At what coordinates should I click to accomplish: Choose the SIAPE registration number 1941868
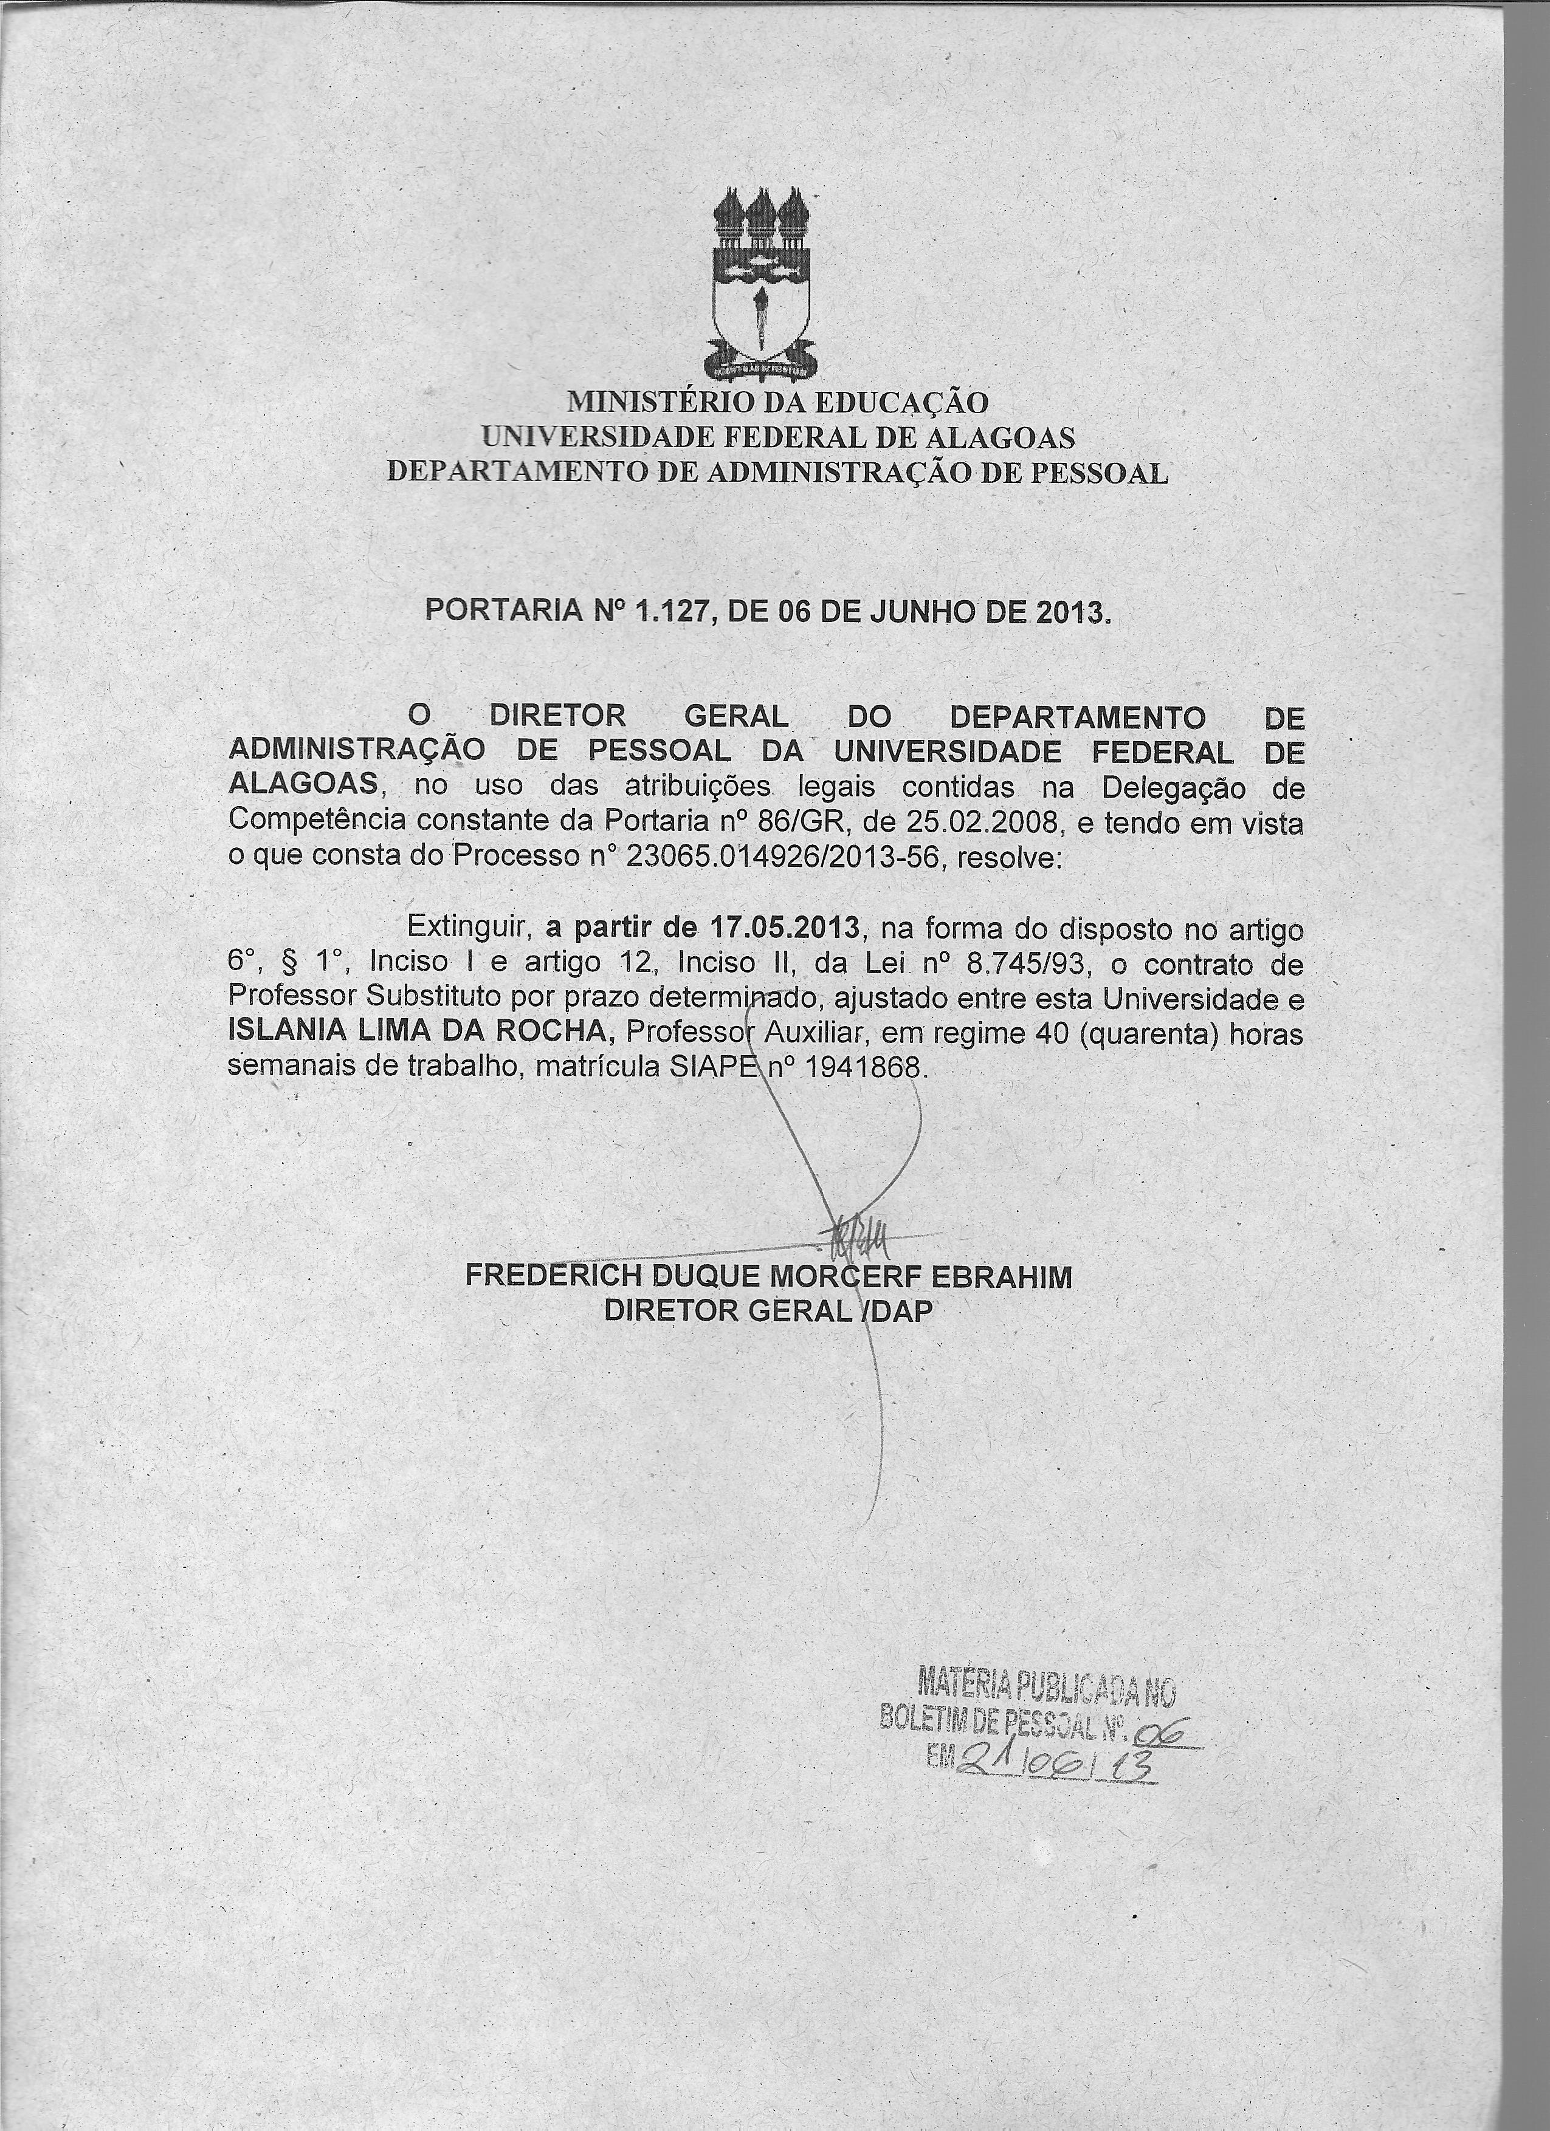click(x=859, y=1069)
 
